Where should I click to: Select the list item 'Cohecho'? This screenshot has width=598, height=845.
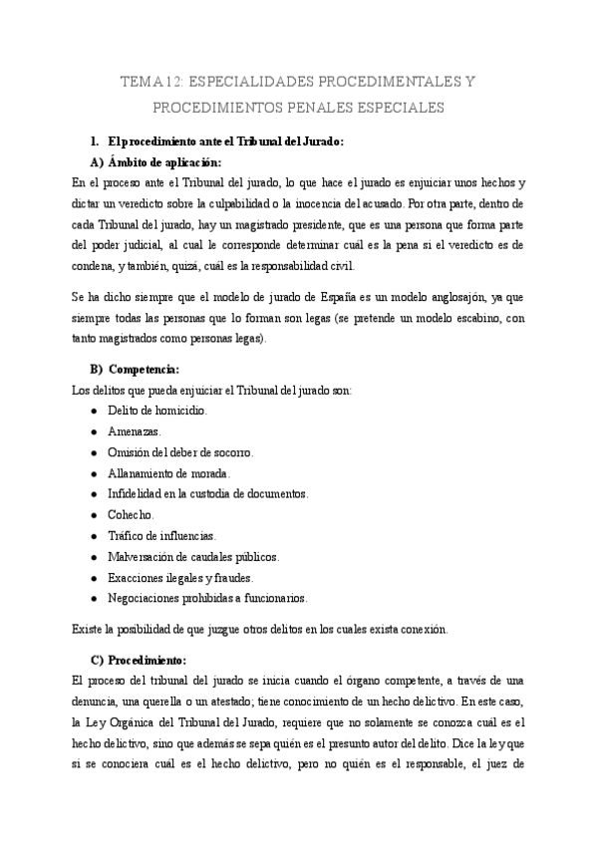tap(131, 514)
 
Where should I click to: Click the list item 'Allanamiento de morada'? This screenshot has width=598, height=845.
tap(168, 473)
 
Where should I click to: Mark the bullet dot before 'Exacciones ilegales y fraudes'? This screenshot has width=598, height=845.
tap(93, 578)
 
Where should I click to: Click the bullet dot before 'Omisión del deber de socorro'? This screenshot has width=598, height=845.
tap(93, 452)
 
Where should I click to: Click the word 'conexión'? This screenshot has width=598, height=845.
tap(422, 630)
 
